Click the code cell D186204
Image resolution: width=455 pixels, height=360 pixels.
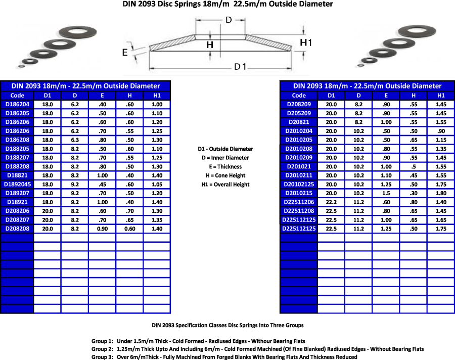tap(17, 104)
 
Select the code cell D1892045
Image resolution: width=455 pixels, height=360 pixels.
tap(17, 184)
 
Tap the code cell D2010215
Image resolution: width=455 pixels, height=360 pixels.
tap(299, 193)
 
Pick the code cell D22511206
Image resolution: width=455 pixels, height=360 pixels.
tap(299, 202)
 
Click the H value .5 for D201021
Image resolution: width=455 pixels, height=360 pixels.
tap(413, 166)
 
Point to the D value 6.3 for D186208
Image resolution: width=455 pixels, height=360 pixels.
tap(74, 140)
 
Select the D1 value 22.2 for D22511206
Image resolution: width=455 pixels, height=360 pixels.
tap(331, 202)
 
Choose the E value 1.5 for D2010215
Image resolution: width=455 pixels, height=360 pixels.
tap(386, 193)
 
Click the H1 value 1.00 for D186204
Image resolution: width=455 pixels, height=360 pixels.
tap(157, 104)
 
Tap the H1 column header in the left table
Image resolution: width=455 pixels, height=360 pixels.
tap(157, 95)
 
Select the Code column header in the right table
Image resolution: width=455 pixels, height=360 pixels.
tap(299, 95)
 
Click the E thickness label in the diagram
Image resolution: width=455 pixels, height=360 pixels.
tap(124, 52)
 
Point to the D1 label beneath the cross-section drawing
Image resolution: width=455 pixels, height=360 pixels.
tap(240, 67)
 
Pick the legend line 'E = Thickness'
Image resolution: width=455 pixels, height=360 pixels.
tap(225, 166)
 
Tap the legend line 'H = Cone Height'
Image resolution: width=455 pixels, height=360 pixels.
tap(225, 175)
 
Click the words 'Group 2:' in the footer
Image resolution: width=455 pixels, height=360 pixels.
tap(102, 349)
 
